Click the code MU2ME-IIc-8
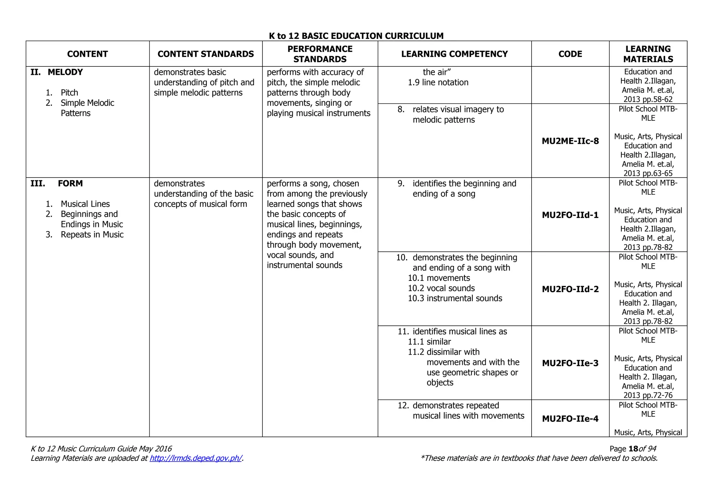[x=570, y=141]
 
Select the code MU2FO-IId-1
[x=570, y=215]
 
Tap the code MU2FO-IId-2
[x=570, y=289]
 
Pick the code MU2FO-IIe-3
[x=570, y=363]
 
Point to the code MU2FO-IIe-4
[x=570, y=419]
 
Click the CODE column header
[x=570, y=54]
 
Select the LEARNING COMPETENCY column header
[x=454, y=54]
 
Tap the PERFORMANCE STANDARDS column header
[x=320, y=54]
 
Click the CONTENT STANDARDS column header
[x=206, y=54]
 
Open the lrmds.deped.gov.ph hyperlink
[x=196, y=458]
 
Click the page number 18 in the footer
[x=633, y=449]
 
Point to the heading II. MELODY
[x=57, y=72]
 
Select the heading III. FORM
[x=57, y=183]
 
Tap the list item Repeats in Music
[x=92, y=235]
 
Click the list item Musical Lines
[x=85, y=204]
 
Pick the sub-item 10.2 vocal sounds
[x=441, y=288]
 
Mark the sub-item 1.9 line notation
[x=438, y=82]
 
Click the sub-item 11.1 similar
[x=429, y=342]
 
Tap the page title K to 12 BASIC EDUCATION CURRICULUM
[x=356, y=36]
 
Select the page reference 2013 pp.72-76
[x=648, y=395]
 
